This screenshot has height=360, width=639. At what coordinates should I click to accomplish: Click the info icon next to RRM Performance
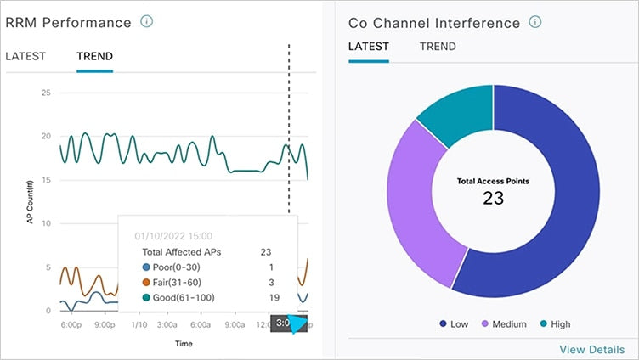point(146,22)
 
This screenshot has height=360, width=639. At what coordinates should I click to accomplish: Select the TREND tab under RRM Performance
point(94,57)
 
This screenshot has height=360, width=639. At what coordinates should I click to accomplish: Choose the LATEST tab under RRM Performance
point(25,57)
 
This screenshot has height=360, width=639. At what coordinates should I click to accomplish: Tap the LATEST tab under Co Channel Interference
point(368,47)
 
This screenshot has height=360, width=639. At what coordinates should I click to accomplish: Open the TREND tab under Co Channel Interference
point(438,47)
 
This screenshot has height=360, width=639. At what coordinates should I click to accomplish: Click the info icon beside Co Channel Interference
point(534,22)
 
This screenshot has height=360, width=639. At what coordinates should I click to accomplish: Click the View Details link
point(591,349)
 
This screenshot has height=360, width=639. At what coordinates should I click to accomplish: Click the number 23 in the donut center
point(493,199)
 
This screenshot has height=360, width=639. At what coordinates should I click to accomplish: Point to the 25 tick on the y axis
point(47,92)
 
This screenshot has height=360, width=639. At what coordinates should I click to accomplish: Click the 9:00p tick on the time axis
point(104,324)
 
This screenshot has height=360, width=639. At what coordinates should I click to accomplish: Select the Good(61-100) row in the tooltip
point(203,298)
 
